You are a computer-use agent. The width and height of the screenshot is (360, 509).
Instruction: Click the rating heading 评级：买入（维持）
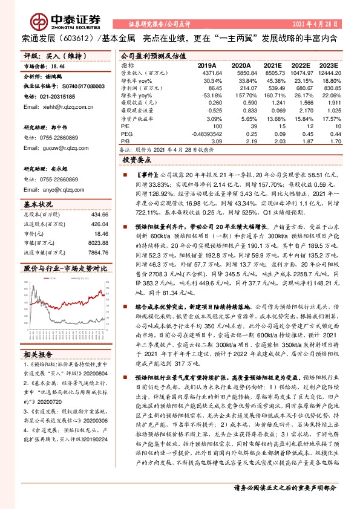48,55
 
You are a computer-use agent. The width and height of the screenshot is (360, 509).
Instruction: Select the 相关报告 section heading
39,354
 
